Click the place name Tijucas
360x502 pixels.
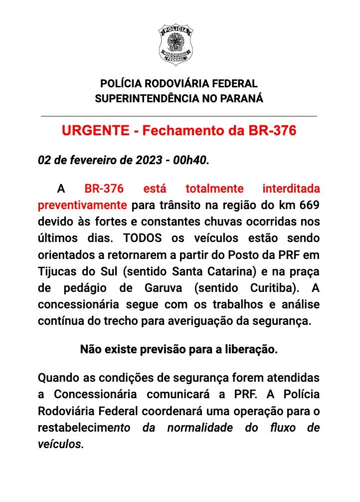click(x=56, y=271)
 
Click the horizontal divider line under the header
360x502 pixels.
click(x=179, y=116)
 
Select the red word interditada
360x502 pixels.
click(x=291, y=189)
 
